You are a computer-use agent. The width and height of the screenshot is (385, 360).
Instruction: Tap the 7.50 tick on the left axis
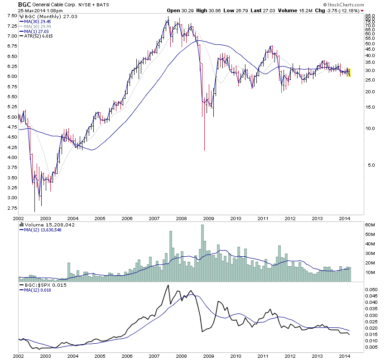[x=10, y=15]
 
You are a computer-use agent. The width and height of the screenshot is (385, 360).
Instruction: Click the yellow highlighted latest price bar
[x=349, y=72]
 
